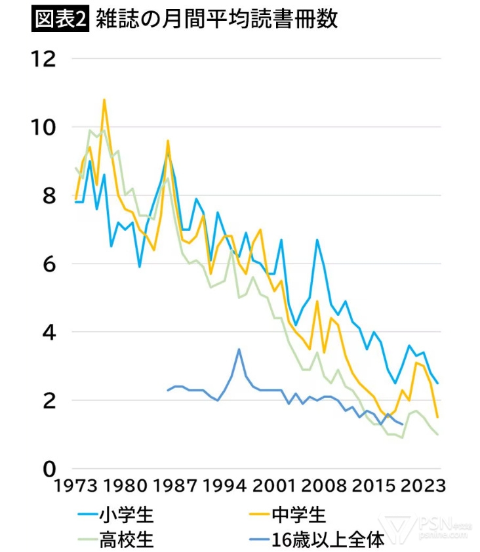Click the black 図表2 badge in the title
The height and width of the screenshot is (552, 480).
pyautogui.click(x=60, y=19)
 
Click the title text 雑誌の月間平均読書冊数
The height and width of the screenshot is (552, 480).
pyautogui.click(x=216, y=19)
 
